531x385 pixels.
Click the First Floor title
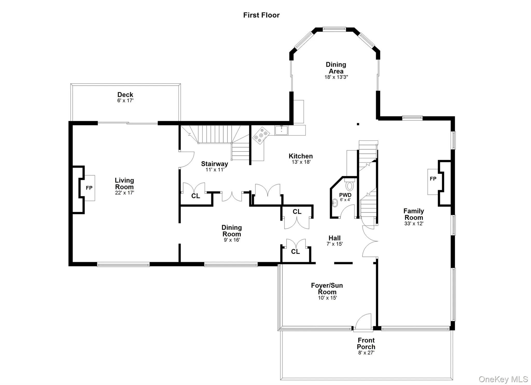(x=261, y=15)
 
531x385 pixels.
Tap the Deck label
(x=125, y=95)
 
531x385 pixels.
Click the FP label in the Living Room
(x=89, y=188)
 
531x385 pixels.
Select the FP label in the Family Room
(x=433, y=179)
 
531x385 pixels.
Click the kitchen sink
(x=281, y=130)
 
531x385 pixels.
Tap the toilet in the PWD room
(x=350, y=186)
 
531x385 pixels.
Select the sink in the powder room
(x=335, y=203)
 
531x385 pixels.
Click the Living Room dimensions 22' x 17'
(x=124, y=193)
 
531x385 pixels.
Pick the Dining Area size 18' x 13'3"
(x=336, y=77)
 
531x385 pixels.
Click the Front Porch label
(x=366, y=343)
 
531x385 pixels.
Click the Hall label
(x=334, y=238)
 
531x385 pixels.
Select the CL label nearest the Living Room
(x=195, y=196)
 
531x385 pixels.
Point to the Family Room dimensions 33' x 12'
(x=414, y=224)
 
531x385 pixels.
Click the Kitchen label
(x=301, y=156)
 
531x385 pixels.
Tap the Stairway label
(x=214, y=164)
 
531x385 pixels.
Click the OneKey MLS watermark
(x=503, y=379)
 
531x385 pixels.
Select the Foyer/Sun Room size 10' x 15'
(x=327, y=298)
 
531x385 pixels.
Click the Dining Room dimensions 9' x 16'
(x=232, y=240)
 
